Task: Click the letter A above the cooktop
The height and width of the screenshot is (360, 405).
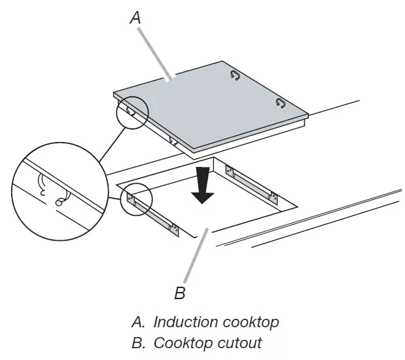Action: (135, 18)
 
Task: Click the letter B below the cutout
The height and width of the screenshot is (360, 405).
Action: (180, 293)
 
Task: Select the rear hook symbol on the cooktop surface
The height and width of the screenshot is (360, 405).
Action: (236, 76)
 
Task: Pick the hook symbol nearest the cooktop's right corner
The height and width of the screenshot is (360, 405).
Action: (281, 102)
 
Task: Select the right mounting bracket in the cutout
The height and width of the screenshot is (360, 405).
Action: (251, 183)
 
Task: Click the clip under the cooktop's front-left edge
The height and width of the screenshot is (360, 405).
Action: (173, 140)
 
